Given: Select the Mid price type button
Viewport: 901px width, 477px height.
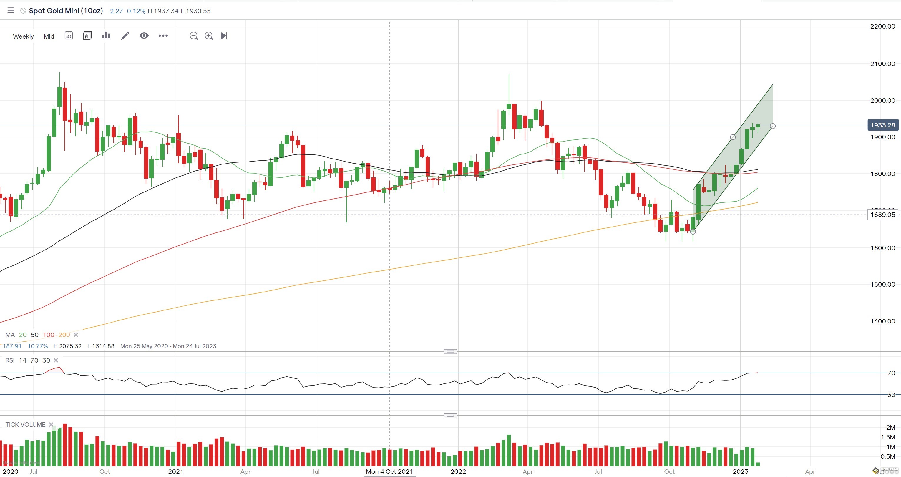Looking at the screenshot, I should pyautogui.click(x=49, y=36).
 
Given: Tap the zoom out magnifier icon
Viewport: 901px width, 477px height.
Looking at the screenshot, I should pyautogui.click(x=193, y=36).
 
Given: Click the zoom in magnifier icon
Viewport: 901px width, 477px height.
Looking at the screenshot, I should pyautogui.click(x=209, y=36).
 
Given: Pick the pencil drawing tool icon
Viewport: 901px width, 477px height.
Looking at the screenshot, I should pyautogui.click(x=125, y=36).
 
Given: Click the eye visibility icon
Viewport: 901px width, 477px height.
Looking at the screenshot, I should pyautogui.click(x=144, y=36).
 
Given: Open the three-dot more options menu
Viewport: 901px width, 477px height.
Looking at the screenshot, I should pyautogui.click(x=163, y=36).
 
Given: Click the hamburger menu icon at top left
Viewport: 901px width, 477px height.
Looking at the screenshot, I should pyautogui.click(x=11, y=11).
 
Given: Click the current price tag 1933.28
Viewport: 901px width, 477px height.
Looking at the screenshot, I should pyautogui.click(x=882, y=125).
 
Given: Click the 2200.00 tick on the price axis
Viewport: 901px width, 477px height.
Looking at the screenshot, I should pyautogui.click(x=882, y=26).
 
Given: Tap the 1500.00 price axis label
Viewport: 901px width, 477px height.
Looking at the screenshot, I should pyautogui.click(x=882, y=284).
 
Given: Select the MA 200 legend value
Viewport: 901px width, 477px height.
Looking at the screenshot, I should pyautogui.click(x=64, y=335).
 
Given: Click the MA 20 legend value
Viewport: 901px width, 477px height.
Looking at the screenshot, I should pyautogui.click(x=23, y=335).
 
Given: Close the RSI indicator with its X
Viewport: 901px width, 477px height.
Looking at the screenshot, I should pyautogui.click(x=56, y=360).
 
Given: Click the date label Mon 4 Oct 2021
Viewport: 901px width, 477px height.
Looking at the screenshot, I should pyautogui.click(x=389, y=471).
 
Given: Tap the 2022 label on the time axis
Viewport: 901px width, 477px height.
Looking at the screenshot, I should pyautogui.click(x=458, y=471).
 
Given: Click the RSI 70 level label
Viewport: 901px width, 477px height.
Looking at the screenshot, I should pyautogui.click(x=891, y=373).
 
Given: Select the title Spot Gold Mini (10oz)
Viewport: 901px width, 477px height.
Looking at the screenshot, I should pyautogui.click(x=66, y=11).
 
